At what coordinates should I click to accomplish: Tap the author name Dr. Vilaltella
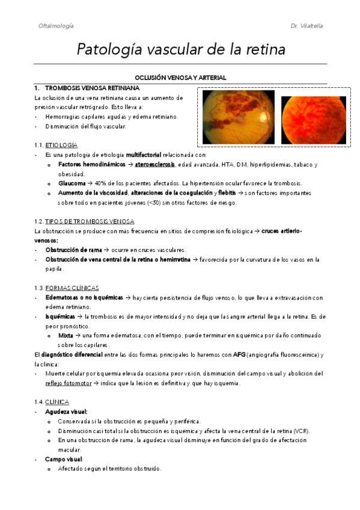pyautogui.click(x=307, y=26)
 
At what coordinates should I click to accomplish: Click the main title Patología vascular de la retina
pyautogui.click(x=180, y=49)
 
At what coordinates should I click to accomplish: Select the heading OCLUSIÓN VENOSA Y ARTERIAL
pyautogui.click(x=180, y=78)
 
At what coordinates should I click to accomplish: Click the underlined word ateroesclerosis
pyautogui.click(x=154, y=165)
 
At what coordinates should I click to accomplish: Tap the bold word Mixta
pyautogui.click(x=66, y=336)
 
